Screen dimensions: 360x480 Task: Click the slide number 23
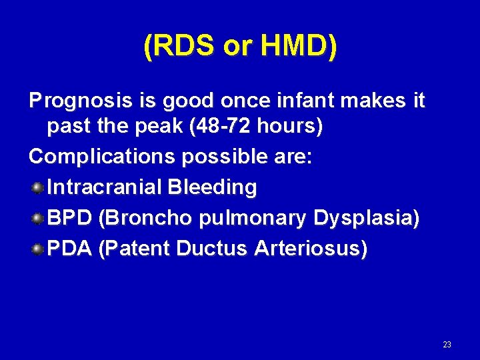click(x=447, y=345)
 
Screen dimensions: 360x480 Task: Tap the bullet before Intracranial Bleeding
click(x=38, y=187)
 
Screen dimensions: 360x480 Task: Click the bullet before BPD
click(x=38, y=218)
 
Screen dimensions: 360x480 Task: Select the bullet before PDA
click(x=38, y=249)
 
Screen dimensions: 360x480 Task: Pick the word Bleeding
click(x=212, y=187)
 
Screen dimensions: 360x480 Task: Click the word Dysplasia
click(x=365, y=218)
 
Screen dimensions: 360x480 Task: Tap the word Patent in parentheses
click(x=133, y=249)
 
